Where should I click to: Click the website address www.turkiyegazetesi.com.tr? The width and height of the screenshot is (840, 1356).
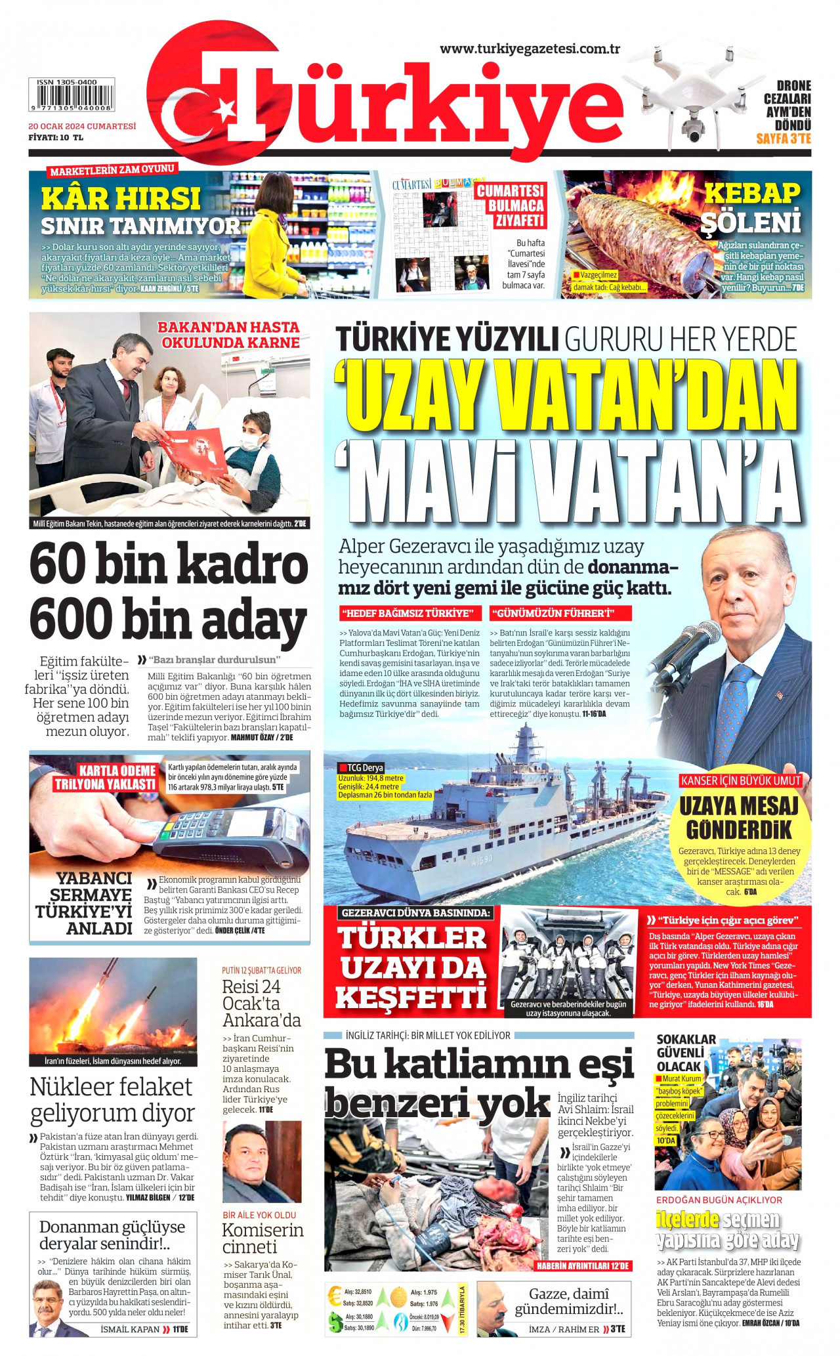coord(530,49)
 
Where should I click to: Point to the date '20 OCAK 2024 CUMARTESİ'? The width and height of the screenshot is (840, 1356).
coord(82,126)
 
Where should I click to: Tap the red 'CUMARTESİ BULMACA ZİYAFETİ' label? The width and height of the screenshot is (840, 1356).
coord(510,205)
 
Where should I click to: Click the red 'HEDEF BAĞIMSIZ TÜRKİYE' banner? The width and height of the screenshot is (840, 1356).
coord(410,613)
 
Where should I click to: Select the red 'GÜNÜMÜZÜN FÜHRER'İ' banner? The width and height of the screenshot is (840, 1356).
coord(560,613)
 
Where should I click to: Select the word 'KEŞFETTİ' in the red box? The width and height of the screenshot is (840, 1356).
coord(411,998)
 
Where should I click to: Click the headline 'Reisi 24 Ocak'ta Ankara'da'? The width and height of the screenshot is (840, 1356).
coord(261,1004)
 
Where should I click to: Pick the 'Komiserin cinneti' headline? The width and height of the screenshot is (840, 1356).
coord(262,1238)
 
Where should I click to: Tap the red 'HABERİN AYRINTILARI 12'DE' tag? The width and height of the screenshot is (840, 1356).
coord(583,1265)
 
